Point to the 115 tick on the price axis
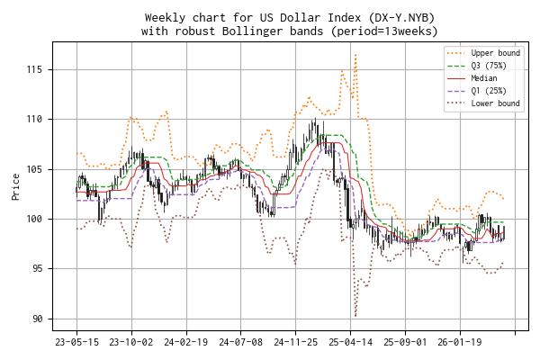[x=34, y=69]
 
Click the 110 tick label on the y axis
[x=34, y=119]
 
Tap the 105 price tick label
[x=34, y=169]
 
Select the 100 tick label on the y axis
[x=34, y=219]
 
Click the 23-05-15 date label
[x=76, y=342]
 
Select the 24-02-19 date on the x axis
[x=186, y=342]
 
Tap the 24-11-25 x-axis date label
[x=296, y=342]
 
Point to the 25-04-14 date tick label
[x=351, y=342]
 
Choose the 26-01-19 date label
[x=460, y=342]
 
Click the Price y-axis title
[x=15, y=187]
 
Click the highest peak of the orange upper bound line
[x=355, y=54]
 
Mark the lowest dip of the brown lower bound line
[x=355, y=315]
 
